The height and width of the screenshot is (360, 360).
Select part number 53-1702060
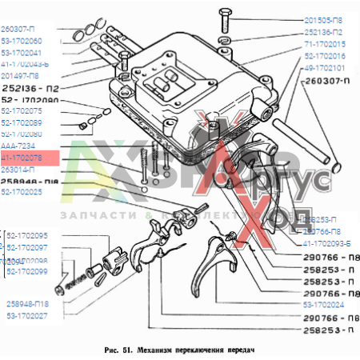[22, 40]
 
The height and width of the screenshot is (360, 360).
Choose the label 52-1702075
[22, 111]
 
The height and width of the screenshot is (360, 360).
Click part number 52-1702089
[22, 122]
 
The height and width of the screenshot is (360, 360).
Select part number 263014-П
[19, 170]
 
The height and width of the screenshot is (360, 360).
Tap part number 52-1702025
[22, 192]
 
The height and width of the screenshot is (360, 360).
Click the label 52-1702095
[28, 236]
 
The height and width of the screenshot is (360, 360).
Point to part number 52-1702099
[28, 272]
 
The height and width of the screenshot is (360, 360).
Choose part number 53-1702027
[28, 316]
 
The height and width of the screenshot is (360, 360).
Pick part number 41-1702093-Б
[327, 242]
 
